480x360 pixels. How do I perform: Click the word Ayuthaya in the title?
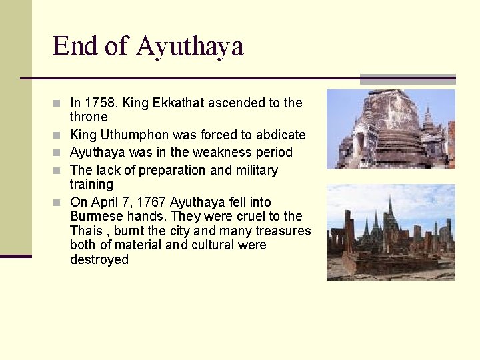(190, 47)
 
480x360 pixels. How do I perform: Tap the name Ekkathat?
(179, 103)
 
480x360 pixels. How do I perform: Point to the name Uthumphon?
(133, 135)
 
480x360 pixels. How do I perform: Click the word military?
(256, 170)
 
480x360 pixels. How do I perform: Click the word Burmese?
(94, 217)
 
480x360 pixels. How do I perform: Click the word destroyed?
(99, 259)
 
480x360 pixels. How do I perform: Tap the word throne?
(89, 117)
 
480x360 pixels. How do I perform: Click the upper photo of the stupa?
(391, 129)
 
